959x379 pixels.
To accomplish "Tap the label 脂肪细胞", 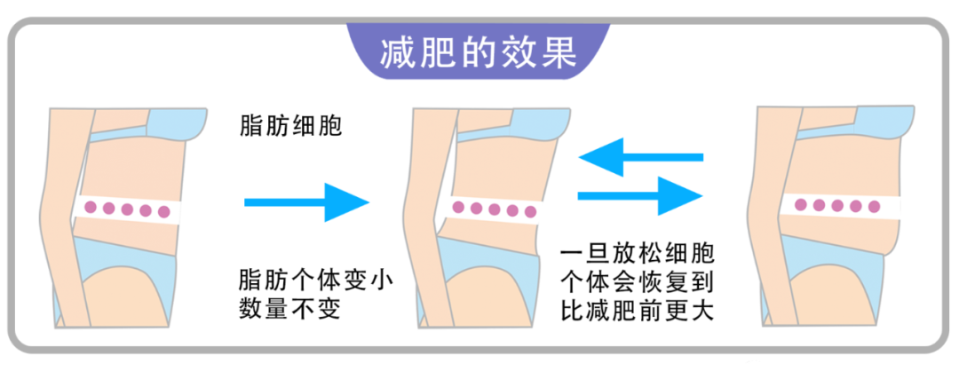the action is [290, 126].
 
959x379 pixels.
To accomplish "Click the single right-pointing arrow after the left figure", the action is [306, 201].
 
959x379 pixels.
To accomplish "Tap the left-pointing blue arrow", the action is [639, 157].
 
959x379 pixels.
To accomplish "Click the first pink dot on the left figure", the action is [89, 209].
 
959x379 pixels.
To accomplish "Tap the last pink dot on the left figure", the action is [162, 211].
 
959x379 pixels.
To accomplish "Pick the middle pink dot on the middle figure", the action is [494, 209].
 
